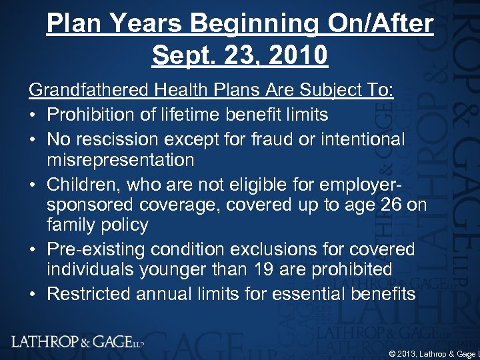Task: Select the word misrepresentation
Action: [x=120, y=161]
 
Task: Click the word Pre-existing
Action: [x=97, y=249]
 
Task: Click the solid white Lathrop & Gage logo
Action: [x=77, y=342]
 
